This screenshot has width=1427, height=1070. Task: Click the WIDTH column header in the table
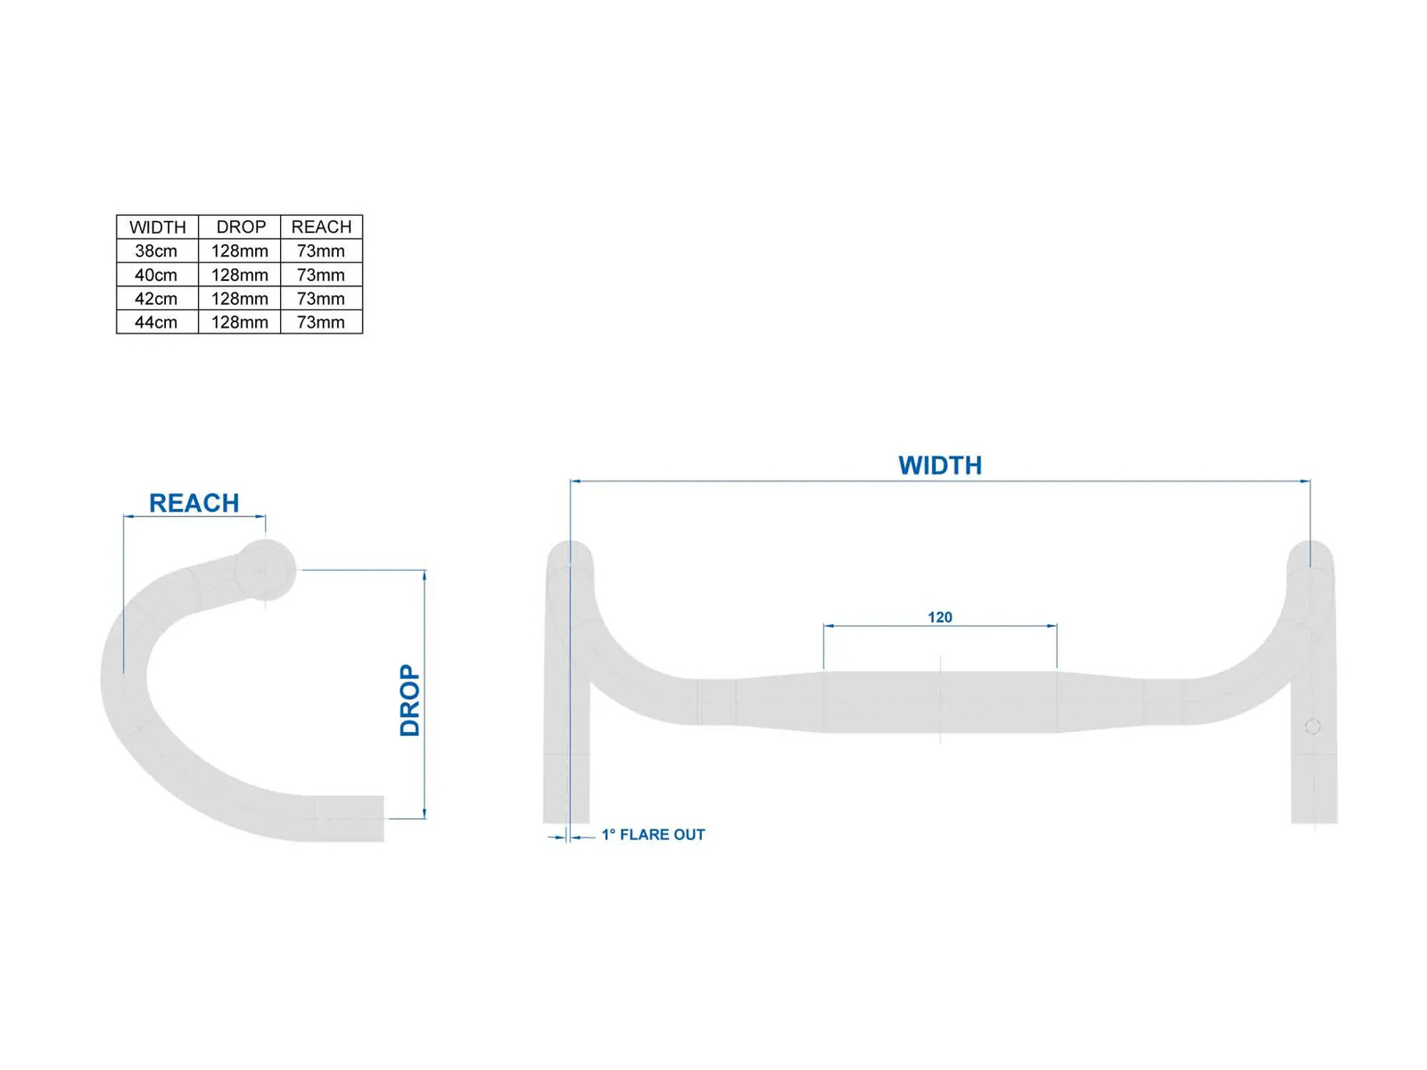(x=157, y=226)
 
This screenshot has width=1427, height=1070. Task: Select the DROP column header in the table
(x=241, y=226)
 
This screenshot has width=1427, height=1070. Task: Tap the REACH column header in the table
(x=321, y=226)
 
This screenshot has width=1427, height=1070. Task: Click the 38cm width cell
(x=156, y=251)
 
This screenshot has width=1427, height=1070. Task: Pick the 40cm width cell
(x=156, y=275)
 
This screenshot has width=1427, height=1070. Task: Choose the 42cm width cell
(x=156, y=299)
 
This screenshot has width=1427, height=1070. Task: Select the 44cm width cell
(x=156, y=322)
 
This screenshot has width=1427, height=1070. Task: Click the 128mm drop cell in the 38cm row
(x=239, y=251)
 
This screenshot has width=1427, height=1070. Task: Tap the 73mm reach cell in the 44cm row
(x=320, y=322)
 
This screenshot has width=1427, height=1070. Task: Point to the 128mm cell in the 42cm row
(x=239, y=299)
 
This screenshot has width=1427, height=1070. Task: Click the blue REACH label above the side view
(x=194, y=503)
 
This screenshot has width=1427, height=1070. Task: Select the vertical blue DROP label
(x=409, y=700)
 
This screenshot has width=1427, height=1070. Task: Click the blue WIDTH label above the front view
(x=939, y=465)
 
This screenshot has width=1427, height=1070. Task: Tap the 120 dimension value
(x=939, y=617)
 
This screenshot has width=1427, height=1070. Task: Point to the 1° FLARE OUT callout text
(x=653, y=835)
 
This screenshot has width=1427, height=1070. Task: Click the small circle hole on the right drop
(x=1312, y=727)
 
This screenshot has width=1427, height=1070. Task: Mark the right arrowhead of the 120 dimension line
(x=1052, y=626)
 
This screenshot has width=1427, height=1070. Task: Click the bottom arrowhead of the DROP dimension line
(x=425, y=813)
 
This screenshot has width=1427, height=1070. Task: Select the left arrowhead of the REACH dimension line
(x=128, y=517)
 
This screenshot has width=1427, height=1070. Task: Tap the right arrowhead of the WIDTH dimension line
(x=1305, y=481)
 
